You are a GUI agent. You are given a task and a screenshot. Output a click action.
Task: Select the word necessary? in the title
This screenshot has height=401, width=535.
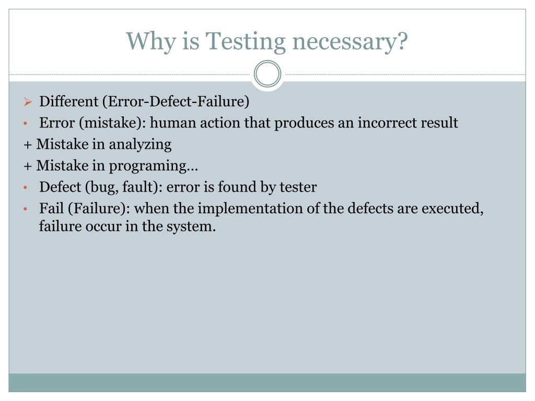tap(349, 42)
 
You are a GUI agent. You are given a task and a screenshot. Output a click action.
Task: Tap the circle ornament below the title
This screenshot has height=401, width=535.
tap(267, 74)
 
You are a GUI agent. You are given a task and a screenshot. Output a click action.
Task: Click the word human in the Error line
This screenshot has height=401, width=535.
tap(170, 123)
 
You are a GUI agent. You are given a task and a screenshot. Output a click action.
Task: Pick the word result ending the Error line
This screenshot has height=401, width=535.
tap(442, 123)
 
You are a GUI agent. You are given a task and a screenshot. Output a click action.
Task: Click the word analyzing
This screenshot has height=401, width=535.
tap(147, 145)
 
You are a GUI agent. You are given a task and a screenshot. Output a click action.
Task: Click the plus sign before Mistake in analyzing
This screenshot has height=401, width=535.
tap(27, 145)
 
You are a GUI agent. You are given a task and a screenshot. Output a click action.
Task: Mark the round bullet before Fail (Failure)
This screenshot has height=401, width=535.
tap(26, 209)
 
